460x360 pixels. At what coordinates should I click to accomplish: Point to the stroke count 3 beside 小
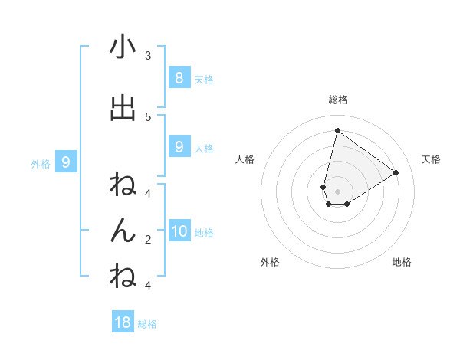pyautogui.click(x=147, y=56)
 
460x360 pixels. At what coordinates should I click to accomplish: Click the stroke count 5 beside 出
pyautogui.click(x=147, y=116)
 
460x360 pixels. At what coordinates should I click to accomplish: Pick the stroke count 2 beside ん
pyautogui.click(x=147, y=239)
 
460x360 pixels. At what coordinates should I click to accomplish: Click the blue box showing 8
pyautogui.click(x=179, y=77)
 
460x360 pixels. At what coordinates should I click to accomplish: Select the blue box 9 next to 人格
pyautogui.click(x=179, y=147)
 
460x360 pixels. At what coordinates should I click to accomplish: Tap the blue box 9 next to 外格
pyautogui.click(x=66, y=162)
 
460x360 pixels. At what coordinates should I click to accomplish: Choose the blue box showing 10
pyautogui.click(x=179, y=231)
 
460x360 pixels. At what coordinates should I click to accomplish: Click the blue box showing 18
pyautogui.click(x=123, y=322)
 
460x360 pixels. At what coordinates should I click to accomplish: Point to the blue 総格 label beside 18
pyautogui.click(x=147, y=324)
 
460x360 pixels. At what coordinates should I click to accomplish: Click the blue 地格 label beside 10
pyautogui.click(x=205, y=233)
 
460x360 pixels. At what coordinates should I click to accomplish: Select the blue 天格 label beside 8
pyautogui.click(x=203, y=79)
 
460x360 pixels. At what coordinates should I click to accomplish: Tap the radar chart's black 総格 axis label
pyautogui.click(x=338, y=100)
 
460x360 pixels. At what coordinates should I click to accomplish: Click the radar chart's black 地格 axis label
pyautogui.click(x=402, y=262)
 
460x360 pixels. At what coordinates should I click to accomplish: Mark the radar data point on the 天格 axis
pyautogui.click(x=396, y=172)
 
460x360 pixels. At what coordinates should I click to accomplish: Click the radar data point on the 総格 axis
pyautogui.click(x=337, y=130)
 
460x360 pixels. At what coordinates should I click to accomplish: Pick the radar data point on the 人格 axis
pyautogui.click(x=324, y=187)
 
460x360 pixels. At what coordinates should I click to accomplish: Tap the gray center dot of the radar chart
pyautogui.click(x=338, y=191)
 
